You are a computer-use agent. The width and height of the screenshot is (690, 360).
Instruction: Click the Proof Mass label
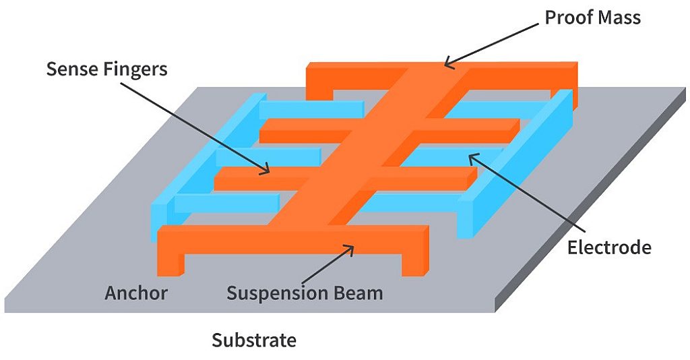click(592, 18)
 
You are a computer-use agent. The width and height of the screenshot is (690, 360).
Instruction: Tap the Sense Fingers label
click(106, 69)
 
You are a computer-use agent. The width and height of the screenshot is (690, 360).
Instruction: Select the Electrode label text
click(609, 247)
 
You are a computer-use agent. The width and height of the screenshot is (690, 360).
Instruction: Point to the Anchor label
click(135, 293)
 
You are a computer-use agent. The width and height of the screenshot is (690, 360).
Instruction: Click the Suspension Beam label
click(304, 293)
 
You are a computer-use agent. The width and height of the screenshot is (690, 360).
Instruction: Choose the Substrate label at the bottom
click(254, 340)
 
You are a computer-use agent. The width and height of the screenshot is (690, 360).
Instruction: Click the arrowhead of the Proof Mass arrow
click(447, 65)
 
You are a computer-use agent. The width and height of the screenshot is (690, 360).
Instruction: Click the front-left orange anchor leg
click(170, 260)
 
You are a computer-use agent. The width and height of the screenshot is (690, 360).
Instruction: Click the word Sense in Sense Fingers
click(69, 69)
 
